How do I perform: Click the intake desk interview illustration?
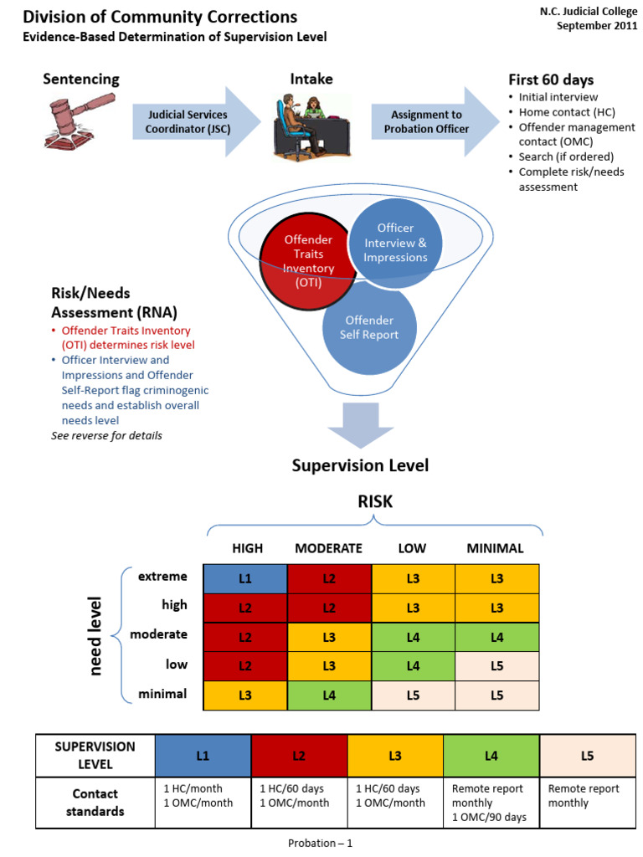pos(300,125)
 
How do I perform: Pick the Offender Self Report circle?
pos(368,328)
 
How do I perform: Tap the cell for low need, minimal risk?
pos(497,665)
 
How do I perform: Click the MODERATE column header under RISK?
pos(328,549)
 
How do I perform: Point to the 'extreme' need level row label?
pos(164,577)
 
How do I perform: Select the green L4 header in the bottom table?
pos(491,756)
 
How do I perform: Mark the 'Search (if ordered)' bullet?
pos(566,157)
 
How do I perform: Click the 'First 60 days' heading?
pos(551,80)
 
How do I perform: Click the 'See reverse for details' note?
pos(106,435)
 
